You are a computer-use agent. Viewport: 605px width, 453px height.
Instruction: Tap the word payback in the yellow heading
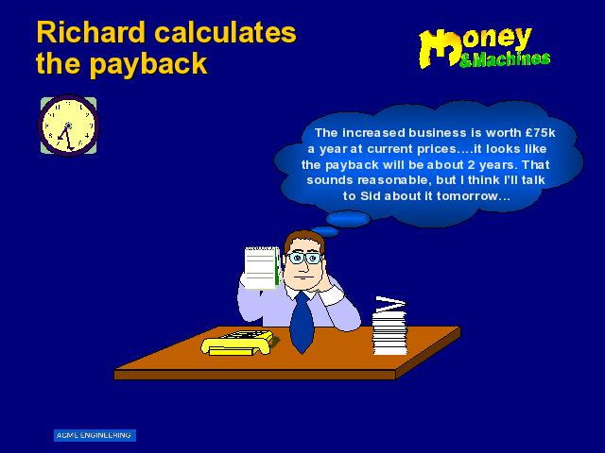click(149, 63)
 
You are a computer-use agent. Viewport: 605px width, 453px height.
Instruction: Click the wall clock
click(68, 126)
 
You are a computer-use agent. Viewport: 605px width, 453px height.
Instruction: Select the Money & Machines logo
click(485, 48)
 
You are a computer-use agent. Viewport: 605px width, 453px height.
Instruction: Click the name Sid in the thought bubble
click(370, 196)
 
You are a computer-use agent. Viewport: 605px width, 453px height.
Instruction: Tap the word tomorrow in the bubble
click(468, 196)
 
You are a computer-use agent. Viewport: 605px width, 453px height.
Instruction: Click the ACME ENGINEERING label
click(95, 435)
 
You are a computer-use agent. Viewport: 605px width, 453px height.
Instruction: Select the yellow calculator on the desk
click(238, 342)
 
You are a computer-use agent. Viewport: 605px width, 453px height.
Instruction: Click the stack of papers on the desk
click(389, 326)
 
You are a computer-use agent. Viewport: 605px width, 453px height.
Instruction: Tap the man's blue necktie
click(302, 322)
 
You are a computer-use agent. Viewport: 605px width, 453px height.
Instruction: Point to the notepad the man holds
click(263, 267)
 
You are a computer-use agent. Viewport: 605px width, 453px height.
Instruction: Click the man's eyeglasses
click(304, 258)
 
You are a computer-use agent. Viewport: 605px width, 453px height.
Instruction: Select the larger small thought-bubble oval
click(348, 219)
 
